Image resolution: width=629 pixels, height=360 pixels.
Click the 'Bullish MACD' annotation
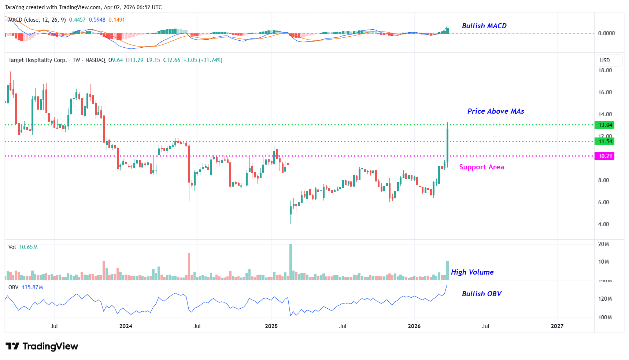pyautogui.click(x=484, y=26)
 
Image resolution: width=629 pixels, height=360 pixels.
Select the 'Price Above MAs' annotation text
pyautogui.click(x=495, y=111)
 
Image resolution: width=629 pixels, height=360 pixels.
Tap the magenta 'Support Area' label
pyautogui.click(x=481, y=167)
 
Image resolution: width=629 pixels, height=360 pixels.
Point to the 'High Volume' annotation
pyautogui.click(x=472, y=272)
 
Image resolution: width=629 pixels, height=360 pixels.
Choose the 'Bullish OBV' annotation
pyautogui.click(x=481, y=294)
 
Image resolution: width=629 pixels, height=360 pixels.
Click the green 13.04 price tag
pyautogui.click(x=605, y=125)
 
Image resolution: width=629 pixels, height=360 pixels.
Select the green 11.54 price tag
pyautogui.click(x=605, y=142)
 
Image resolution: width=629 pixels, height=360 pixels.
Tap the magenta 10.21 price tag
pyautogui.click(x=605, y=156)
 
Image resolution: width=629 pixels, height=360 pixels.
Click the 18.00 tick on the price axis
pyautogui.click(x=605, y=70)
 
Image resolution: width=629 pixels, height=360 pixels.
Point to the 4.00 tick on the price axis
pyautogui.click(x=603, y=224)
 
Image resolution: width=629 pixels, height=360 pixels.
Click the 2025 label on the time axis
pyautogui.click(x=271, y=326)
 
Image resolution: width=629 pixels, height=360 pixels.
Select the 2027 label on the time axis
pyautogui.click(x=557, y=326)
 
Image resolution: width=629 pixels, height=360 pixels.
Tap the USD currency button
pyautogui.click(x=605, y=60)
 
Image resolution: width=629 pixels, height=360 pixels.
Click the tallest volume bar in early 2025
pyautogui.click(x=291, y=261)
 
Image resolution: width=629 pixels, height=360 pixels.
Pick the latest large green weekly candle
pyautogui.click(x=447, y=145)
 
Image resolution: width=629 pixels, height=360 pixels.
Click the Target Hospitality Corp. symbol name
pyautogui.click(x=37, y=60)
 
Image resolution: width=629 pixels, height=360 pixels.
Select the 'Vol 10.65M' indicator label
pyautogui.click(x=23, y=247)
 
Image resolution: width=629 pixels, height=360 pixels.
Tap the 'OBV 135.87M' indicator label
pyautogui.click(x=26, y=287)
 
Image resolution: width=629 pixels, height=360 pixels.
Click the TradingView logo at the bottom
pyautogui.click(x=42, y=346)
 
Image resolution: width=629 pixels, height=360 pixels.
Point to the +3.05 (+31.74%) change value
pyautogui.click(x=203, y=60)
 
